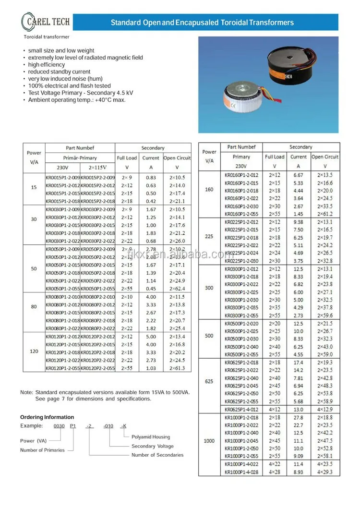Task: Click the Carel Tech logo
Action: (46, 22)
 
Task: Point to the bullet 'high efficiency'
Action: (46, 65)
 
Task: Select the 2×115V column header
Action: (97, 168)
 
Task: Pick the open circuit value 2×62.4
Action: (177, 289)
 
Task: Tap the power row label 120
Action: (34, 351)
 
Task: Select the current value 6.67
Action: (298, 175)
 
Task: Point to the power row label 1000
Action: (209, 441)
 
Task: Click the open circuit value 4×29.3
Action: (325, 472)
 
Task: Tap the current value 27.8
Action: (298, 418)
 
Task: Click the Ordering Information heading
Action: (47, 417)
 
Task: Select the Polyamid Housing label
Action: (151, 437)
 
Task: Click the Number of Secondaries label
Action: (157, 455)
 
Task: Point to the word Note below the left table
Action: (26, 392)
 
